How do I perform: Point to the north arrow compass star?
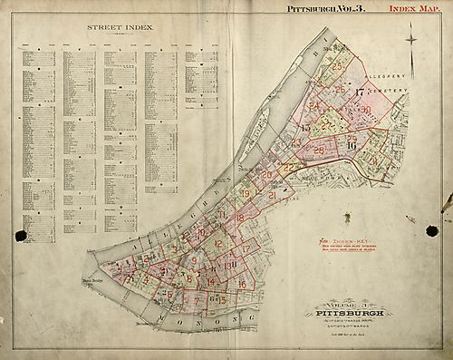pos(411,41)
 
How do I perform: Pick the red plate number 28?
pos(320,150)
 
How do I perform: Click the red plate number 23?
pos(296,141)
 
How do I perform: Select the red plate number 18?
pos(240,219)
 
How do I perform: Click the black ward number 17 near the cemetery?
pos(360,92)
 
